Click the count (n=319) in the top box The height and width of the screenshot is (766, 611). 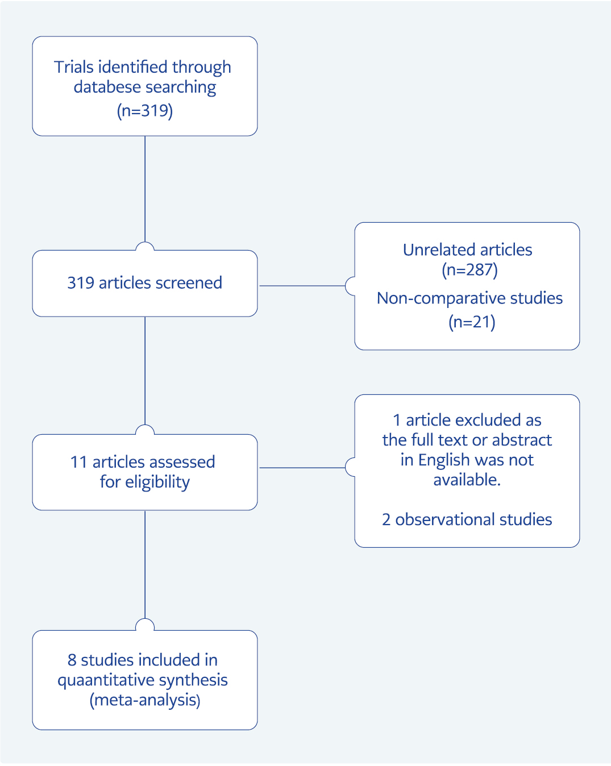tap(145, 111)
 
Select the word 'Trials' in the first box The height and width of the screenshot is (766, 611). tap(74, 67)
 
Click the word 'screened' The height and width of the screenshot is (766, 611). tap(189, 283)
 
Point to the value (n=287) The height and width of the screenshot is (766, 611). tap(469, 270)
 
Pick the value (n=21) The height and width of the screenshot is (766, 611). tap(472, 322)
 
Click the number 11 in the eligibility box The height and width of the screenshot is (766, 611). tap(78, 463)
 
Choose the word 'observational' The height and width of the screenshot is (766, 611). tap(445, 519)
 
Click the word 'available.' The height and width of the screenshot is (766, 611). tap(467, 480)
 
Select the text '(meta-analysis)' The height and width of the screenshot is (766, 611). tap(145, 700)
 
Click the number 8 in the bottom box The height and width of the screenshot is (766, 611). tap(72, 660)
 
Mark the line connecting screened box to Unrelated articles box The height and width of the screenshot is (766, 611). tap(302, 285)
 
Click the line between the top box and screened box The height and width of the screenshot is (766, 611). tap(145, 189)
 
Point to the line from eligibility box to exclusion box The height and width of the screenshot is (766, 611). tap(302, 468)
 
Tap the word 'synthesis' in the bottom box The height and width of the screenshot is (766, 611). tap(193, 680)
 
